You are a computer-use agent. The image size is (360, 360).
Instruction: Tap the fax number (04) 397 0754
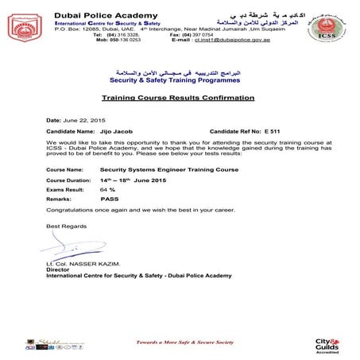pyautogui.click(x=206, y=35)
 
